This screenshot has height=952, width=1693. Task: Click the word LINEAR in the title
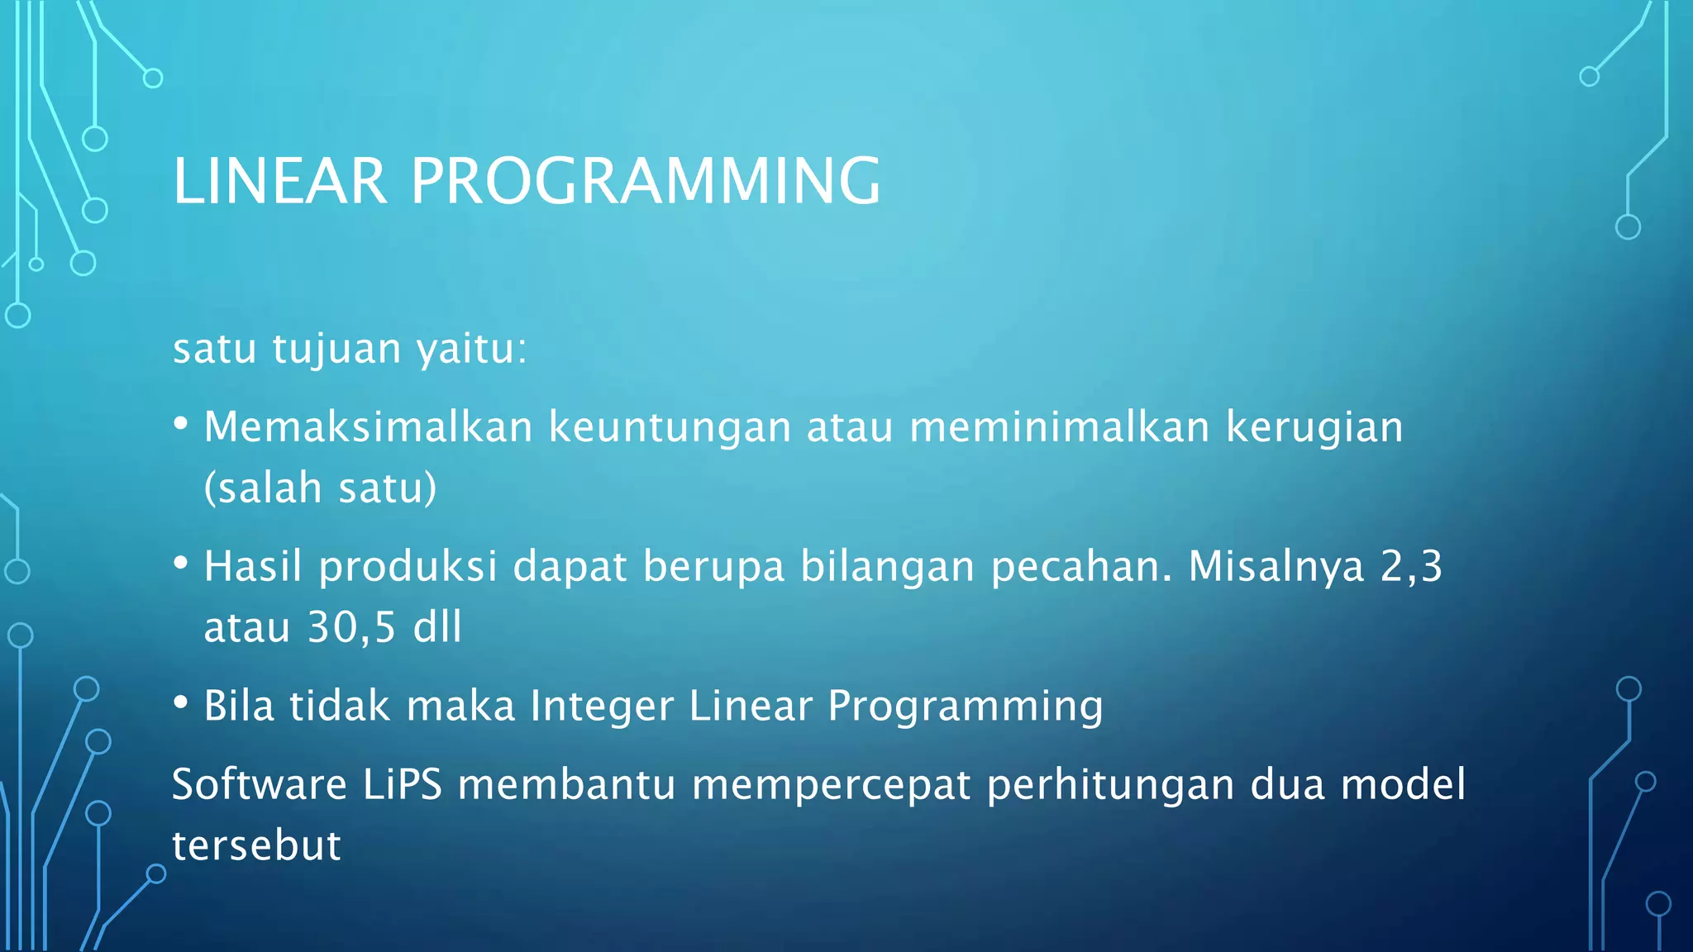[279, 181]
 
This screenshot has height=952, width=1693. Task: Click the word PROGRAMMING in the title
[646, 181]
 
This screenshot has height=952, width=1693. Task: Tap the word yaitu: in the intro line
[471, 350]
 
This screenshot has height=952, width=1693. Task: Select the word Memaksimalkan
[368, 427]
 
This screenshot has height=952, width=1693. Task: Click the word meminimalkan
[1060, 427]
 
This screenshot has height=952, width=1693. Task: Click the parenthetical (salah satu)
[320, 488]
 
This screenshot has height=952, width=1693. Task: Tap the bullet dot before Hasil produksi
[181, 564]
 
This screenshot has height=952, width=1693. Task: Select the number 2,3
[1411, 567]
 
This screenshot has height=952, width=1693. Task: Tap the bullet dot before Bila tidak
[181, 703]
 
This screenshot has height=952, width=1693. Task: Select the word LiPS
[403, 784]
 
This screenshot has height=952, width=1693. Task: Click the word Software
[259, 784]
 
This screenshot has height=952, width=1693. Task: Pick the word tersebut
[256, 846]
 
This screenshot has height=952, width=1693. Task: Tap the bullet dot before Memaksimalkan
[181, 424]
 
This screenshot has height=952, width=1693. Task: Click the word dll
[437, 627]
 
